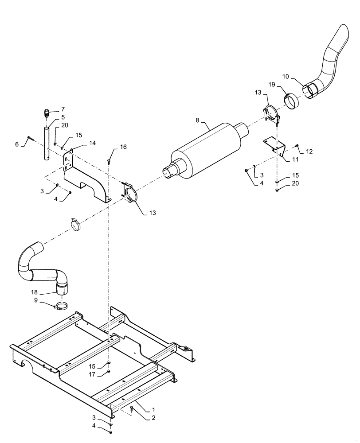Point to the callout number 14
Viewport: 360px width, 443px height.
point(92,143)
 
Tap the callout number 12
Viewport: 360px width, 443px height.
point(309,152)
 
